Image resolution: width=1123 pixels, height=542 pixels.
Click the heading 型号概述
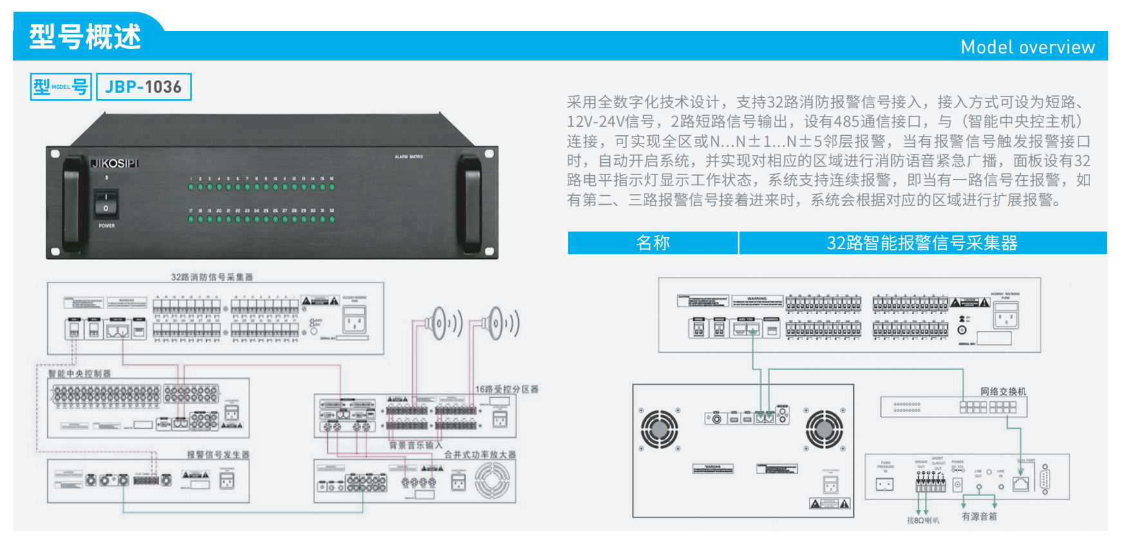click(x=84, y=37)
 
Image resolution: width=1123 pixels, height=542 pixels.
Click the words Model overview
click(x=1027, y=47)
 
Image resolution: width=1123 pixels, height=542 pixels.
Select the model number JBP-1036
click(x=144, y=87)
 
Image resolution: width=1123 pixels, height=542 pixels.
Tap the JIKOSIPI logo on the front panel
click(x=115, y=164)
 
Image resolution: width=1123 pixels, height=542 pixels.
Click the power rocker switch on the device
click(x=106, y=203)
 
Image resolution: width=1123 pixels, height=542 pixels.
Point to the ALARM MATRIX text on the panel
click(x=409, y=156)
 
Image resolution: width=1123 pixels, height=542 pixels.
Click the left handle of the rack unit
click(x=71, y=203)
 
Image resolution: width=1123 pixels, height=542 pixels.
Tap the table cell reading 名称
click(x=652, y=243)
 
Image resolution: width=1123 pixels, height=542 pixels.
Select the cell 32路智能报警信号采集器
click(x=921, y=243)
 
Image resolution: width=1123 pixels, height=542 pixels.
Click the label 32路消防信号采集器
click(x=212, y=277)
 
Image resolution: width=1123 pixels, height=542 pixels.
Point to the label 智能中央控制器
click(x=80, y=373)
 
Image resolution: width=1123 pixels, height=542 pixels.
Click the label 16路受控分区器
click(x=506, y=389)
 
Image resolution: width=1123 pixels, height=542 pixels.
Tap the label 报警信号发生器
click(x=218, y=454)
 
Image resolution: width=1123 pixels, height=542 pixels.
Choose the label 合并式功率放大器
click(x=480, y=454)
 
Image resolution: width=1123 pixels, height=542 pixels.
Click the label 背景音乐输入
click(x=415, y=445)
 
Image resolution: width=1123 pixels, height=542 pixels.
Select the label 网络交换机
click(x=1003, y=391)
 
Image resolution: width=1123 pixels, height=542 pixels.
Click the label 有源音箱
click(x=979, y=516)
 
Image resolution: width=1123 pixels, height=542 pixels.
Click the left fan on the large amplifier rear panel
click(x=659, y=429)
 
